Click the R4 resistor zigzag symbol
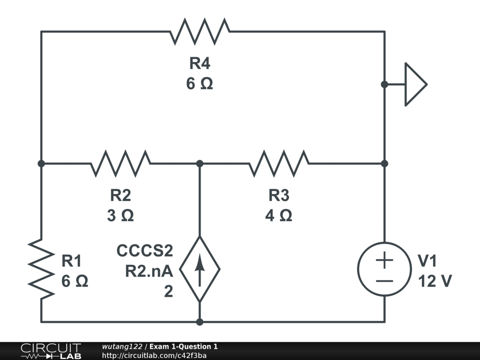[200, 31]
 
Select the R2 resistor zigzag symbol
[120, 164]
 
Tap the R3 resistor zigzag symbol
[279, 164]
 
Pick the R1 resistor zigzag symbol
[41, 269]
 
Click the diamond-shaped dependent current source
[200, 269]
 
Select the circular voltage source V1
[384, 269]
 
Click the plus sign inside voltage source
[384, 261]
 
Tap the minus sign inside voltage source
[384, 281]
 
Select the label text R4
[200, 63]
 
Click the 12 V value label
[435, 281]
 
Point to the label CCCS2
[145, 251]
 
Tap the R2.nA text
[149, 271]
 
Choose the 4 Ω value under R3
[279, 216]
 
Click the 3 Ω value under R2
[120, 216]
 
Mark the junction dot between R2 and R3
[200, 164]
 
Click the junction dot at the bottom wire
[200, 322]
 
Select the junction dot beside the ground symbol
[384, 84]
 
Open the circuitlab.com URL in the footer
[154, 355]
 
